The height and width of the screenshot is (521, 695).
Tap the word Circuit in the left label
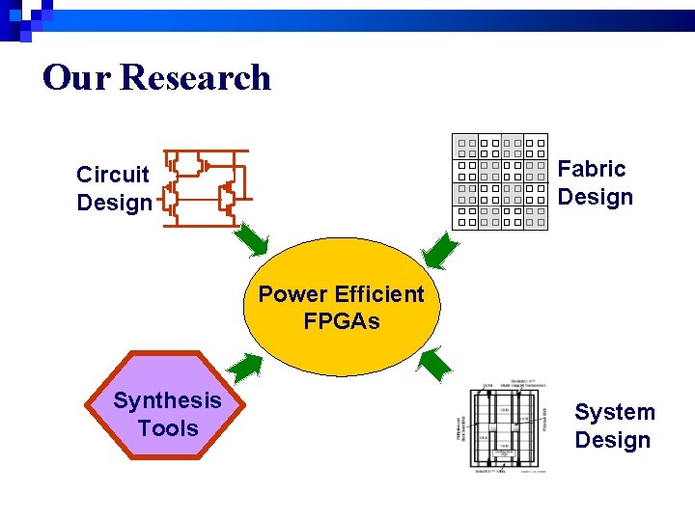(x=113, y=175)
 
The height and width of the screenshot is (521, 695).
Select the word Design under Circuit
(x=114, y=203)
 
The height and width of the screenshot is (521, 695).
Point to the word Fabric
(x=592, y=169)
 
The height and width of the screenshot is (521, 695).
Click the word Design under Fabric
(x=596, y=197)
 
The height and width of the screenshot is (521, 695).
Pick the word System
(x=615, y=412)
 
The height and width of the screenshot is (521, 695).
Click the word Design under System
(x=613, y=440)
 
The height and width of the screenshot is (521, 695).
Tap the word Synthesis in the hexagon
(x=167, y=400)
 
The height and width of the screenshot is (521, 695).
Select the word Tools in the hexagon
(x=168, y=428)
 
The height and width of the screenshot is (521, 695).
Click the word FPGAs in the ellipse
(x=342, y=321)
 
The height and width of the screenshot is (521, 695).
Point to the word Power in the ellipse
(x=291, y=293)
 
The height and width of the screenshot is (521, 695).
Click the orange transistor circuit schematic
(x=205, y=187)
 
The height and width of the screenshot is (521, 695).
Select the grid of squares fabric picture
(x=501, y=181)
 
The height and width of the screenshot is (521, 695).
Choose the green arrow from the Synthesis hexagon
(x=246, y=366)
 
